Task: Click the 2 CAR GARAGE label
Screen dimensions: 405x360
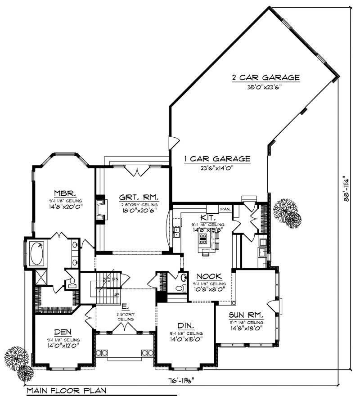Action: tap(265, 77)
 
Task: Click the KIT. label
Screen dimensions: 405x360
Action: tap(211, 217)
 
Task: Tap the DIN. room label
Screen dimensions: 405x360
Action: tap(184, 325)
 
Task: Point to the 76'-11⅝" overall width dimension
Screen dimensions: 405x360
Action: tap(185, 379)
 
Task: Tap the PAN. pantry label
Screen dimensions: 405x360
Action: tap(225, 209)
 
